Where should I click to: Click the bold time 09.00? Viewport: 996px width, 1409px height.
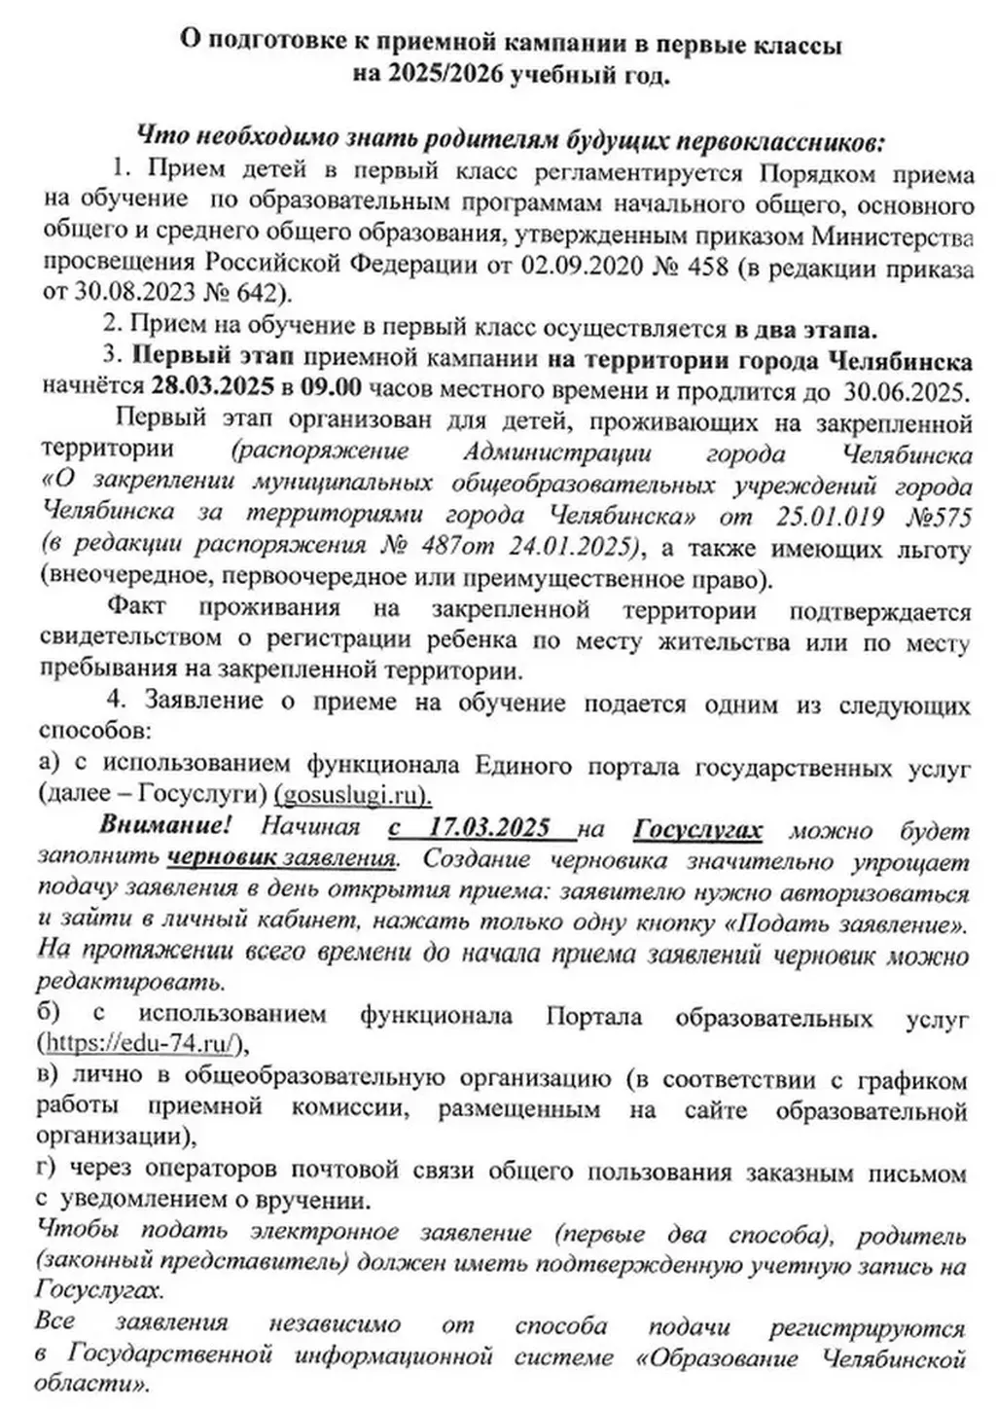[331, 386]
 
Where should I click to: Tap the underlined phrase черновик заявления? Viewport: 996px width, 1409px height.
[282, 858]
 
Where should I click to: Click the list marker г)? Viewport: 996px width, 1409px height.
[48, 1173]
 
